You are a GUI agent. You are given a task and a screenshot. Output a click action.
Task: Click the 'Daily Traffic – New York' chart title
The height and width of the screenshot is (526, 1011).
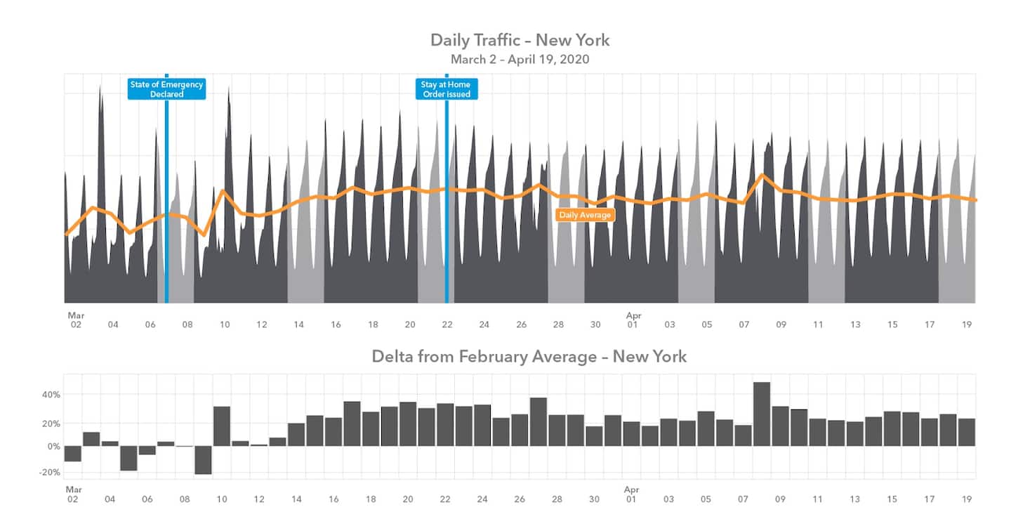pyautogui.click(x=520, y=40)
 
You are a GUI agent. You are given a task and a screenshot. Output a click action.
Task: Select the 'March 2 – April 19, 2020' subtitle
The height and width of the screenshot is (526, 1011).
pyautogui.click(x=520, y=60)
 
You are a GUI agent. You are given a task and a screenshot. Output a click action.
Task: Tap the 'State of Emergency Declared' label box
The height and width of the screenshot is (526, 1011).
pyautogui.click(x=166, y=89)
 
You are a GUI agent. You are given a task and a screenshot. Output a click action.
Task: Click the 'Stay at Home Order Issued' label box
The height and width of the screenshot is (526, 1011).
pyautogui.click(x=447, y=89)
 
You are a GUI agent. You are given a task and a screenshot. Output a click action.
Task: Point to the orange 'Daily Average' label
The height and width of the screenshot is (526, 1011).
pyautogui.click(x=585, y=215)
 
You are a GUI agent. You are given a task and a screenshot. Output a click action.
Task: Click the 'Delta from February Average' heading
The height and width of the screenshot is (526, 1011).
pyautogui.click(x=529, y=357)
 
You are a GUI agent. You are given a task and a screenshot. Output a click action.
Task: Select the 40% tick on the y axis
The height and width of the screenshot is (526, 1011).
pyautogui.click(x=51, y=395)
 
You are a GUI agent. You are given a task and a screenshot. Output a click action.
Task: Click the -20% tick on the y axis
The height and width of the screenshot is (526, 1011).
pyautogui.click(x=51, y=473)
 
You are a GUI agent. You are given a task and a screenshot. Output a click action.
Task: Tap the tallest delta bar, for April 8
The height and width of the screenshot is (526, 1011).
pyautogui.click(x=762, y=414)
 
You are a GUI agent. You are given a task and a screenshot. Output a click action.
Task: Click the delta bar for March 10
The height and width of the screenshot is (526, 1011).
pyautogui.click(x=222, y=426)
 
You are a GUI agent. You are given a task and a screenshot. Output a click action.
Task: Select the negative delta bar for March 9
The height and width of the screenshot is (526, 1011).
pyautogui.click(x=203, y=460)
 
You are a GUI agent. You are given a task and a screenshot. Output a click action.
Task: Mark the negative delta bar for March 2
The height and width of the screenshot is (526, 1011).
pyautogui.click(x=73, y=454)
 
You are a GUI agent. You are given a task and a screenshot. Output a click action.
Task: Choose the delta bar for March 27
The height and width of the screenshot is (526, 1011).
pyautogui.click(x=538, y=422)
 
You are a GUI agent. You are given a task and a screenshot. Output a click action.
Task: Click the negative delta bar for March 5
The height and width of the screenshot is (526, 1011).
pyautogui.click(x=128, y=458)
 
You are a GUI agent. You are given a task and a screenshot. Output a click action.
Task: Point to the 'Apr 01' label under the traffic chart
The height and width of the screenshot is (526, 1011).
pyautogui.click(x=633, y=320)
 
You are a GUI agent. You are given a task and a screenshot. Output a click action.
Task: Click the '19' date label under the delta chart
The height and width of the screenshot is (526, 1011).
pyautogui.click(x=967, y=499)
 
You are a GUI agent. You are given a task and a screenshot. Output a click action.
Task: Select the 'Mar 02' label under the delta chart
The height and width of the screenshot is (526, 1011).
pyautogui.click(x=73, y=494)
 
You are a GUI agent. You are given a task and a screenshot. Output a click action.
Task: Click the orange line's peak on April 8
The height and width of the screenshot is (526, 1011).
pyautogui.click(x=762, y=175)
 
